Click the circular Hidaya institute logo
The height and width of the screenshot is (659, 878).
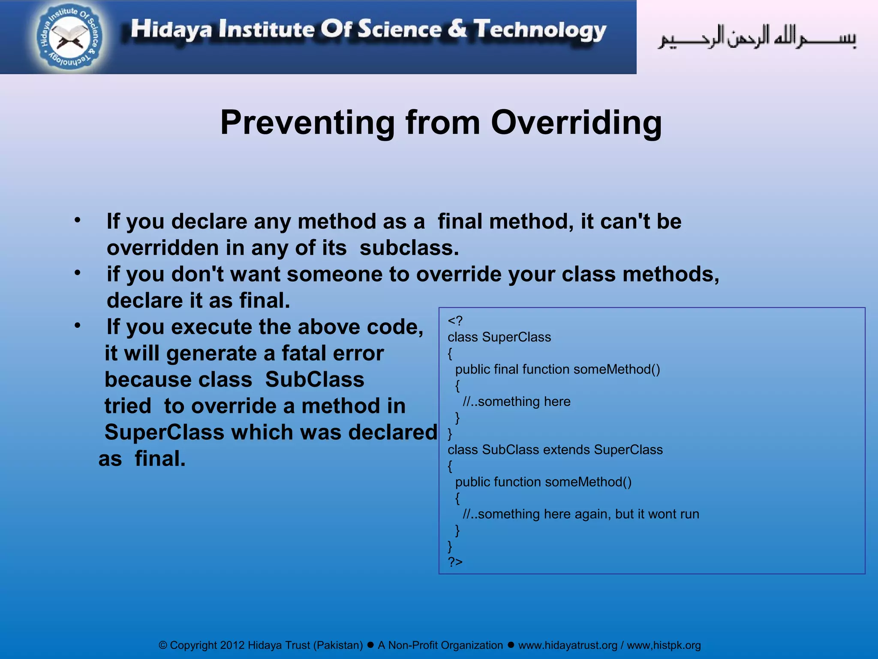(x=70, y=38)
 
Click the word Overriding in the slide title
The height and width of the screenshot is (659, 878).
(x=576, y=123)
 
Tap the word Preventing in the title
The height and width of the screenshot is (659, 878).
(x=307, y=123)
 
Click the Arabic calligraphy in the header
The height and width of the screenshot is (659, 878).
(x=757, y=38)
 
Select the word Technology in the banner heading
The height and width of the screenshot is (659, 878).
(x=540, y=30)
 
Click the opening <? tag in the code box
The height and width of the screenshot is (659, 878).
(x=455, y=321)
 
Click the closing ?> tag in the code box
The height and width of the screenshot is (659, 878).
(x=455, y=562)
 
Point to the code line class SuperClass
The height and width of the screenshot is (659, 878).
(x=499, y=337)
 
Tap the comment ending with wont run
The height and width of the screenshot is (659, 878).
(x=581, y=514)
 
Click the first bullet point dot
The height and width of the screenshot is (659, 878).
(x=77, y=221)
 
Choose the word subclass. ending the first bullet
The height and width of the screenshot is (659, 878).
(x=409, y=248)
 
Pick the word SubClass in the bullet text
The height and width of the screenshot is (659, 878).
(x=314, y=380)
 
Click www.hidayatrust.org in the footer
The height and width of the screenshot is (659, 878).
(x=567, y=645)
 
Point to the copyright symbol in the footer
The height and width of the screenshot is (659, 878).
(x=162, y=645)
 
